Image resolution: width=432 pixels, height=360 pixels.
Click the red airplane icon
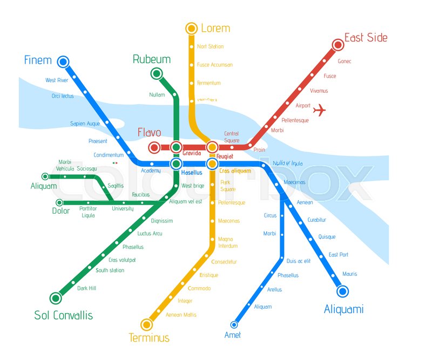click(320, 110)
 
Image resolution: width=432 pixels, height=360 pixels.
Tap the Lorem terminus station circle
click(191, 28)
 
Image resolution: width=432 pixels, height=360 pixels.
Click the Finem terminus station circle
click(63, 61)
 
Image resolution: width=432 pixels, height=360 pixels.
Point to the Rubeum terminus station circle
click(157, 73)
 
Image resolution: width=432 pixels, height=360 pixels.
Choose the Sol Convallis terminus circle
click(55, 297)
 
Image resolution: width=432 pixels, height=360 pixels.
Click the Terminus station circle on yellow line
click(146, 324)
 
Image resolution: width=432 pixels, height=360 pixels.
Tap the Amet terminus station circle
click(234, 324)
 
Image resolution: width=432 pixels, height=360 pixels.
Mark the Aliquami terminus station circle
click(342, 291)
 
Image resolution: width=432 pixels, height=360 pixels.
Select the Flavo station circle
click(154, 147)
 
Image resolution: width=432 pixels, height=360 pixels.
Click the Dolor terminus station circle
click(58, 203)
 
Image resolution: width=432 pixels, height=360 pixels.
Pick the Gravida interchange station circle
click(176, 147)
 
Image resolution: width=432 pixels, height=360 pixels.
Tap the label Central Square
click(232, 137)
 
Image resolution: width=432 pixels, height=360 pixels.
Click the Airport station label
click(303, 106)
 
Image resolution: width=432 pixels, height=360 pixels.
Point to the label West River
click(57, 80)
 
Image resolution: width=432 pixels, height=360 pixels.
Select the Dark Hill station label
click(86, 288)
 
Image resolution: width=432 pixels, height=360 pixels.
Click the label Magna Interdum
click(228, 242)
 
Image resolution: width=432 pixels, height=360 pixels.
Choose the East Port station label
click(339, 255)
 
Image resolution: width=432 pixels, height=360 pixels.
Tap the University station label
click(123, 208)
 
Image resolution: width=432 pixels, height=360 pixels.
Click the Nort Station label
click(210, 47)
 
